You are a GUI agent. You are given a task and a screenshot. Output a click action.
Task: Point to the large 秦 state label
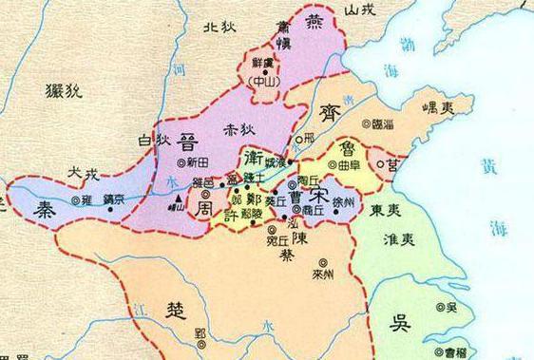[31, 213]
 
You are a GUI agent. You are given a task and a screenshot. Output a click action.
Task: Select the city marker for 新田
[169, 163]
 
